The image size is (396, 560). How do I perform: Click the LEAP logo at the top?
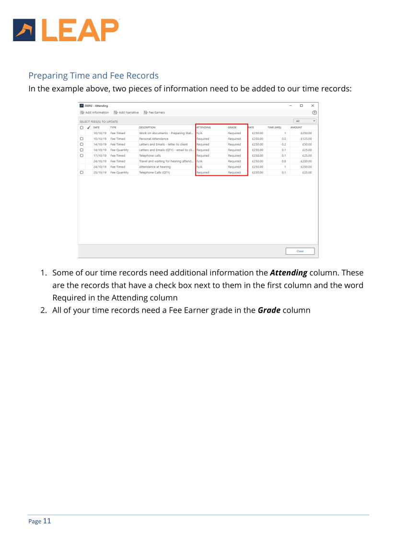point(66,30)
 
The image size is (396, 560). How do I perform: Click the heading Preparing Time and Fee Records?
point(93,76)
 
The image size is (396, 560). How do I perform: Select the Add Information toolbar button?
point(94,113)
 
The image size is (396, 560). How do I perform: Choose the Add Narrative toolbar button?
point(126,113)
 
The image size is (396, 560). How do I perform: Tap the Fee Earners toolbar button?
point(154,113)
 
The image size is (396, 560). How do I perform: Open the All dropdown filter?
point(305,121)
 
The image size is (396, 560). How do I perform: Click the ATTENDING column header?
point(204,127)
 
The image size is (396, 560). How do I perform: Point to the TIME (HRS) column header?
point(274,127)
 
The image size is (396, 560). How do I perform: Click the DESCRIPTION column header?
point(147,127)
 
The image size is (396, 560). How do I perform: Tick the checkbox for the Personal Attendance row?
point(82,139)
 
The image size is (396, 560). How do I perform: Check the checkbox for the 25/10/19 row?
point(82,172)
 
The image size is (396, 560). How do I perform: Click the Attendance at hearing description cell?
point(155,167)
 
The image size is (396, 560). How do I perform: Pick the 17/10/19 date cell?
point(100,156)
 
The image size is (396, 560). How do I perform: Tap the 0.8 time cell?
point(284,161)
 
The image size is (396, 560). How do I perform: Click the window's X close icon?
point(313,105)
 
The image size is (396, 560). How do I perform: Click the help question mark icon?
point(314,113)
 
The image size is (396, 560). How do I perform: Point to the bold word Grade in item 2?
point(269,310)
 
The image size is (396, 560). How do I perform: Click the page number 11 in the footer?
point(47,521)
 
